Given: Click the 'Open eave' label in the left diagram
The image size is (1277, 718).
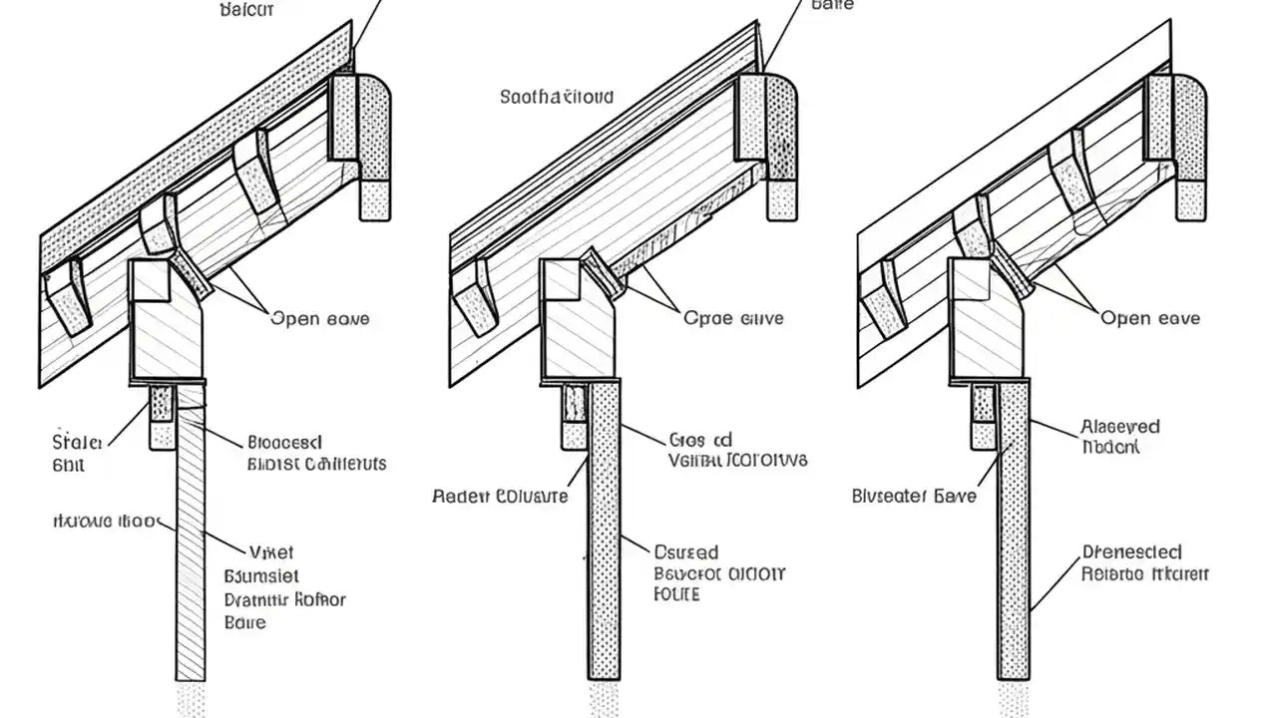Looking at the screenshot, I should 319,319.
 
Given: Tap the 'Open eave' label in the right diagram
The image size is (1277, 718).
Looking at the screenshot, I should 1150,318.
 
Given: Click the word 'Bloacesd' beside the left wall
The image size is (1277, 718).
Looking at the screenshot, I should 285,441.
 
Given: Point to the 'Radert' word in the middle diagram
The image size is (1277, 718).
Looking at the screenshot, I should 460,496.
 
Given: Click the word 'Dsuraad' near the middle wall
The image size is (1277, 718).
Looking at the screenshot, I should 686,551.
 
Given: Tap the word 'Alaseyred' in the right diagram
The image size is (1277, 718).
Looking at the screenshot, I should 1120,427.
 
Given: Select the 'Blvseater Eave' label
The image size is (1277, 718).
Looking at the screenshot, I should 914,495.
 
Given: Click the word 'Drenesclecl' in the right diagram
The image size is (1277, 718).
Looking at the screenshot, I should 1132,551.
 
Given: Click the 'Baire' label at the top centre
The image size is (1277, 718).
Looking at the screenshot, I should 833,5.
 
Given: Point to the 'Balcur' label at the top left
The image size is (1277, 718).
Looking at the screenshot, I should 245,10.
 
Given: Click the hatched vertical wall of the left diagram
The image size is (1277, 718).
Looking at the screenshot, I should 191,538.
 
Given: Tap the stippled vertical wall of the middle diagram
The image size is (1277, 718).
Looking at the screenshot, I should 604,538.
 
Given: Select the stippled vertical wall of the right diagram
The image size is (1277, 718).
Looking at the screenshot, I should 1014,538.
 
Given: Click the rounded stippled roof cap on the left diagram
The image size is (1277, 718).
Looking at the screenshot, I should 374,130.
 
